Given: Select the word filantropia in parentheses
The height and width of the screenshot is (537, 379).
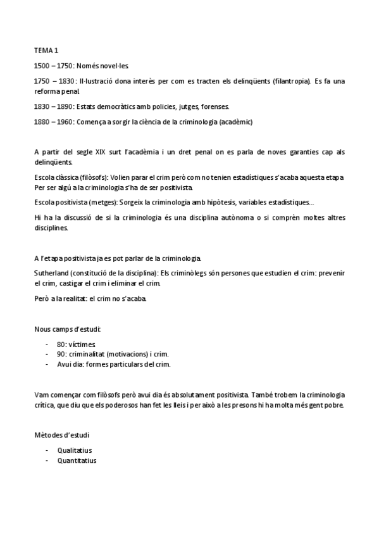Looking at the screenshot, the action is pos(290,81).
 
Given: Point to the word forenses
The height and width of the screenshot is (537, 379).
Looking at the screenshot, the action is pos(216,106).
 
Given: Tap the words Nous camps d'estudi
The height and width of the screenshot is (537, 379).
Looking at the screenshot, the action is pos(67,330).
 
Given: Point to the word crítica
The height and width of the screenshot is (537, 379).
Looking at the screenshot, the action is pos(45,405).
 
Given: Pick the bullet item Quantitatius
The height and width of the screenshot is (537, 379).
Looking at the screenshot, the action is pos(77,460).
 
